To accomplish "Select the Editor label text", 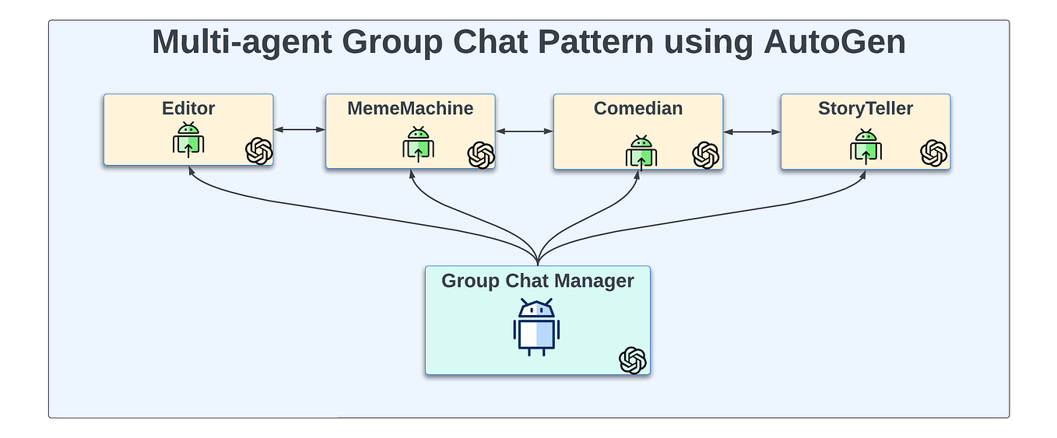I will (x=188, y=108).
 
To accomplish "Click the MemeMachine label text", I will (x=410, y=108).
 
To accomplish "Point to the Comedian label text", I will (x=638, y=108).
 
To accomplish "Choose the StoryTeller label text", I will (x=866, y=108).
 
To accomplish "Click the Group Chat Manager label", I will (x=538, y=280).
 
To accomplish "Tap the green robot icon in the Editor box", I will (x=188, y=140).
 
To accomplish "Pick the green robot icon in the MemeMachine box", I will (x=418, y=144).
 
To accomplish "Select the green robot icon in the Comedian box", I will (x=641, y=152).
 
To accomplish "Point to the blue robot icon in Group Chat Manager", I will (x=537, y=328).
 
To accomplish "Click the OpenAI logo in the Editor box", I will (x=259, y=151).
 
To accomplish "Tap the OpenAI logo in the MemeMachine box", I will (x=481, y=155).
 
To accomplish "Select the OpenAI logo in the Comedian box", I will (x=705, y=155).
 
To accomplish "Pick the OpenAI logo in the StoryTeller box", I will (x=933, y=153).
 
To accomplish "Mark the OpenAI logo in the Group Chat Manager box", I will (x=633, y=360).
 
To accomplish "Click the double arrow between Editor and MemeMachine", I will (x=299, y=130).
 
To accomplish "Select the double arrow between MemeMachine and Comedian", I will (x=524, y=131).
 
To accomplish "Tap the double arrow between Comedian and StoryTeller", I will (x=752, y=132).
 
